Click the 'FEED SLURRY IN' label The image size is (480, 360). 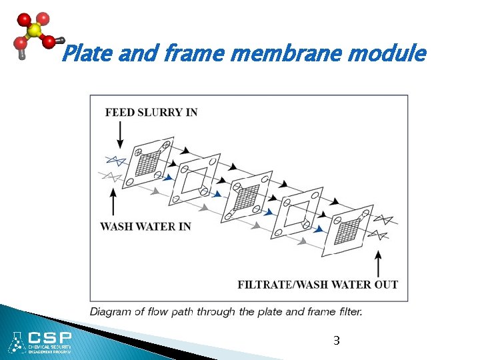click(x=151, y=111)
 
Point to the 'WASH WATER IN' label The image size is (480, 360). click(x=145, y=227)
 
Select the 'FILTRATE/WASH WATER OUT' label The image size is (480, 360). click(x=318, y=285)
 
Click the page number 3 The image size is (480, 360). click(x=337, y=341)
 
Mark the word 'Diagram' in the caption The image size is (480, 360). click(x=111, y=311)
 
